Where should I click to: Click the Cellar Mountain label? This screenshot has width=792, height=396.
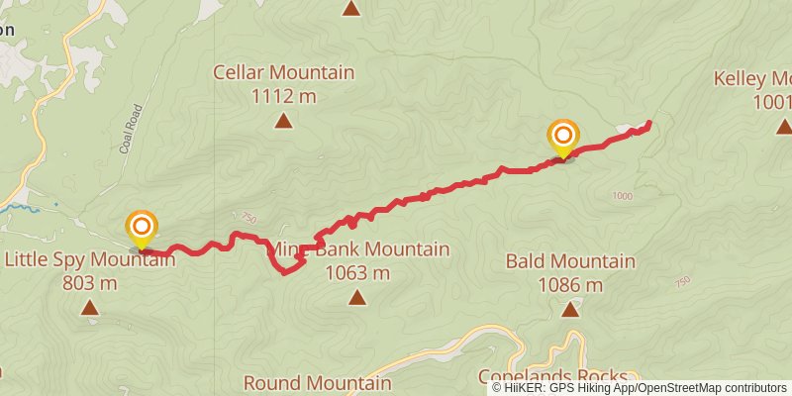[x=283, y=72]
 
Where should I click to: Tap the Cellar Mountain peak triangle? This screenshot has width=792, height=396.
[x=283, y=122]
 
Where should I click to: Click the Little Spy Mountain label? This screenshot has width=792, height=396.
[x=90, y=260]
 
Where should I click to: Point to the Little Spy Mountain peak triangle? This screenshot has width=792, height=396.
[x=90, y=309]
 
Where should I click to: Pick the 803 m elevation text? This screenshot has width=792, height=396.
[x=90, y=283]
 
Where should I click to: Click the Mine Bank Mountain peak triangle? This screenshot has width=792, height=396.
[x=356, y=296]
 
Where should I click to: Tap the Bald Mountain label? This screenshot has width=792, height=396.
[x=570, y=261]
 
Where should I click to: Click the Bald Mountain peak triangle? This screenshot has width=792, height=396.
[x=570, y=310]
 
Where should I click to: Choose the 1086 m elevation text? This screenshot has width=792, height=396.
[x=570, y=285]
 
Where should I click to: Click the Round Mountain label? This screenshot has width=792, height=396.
[x=317, y=382]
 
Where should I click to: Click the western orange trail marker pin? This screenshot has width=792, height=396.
[x=142, y=228]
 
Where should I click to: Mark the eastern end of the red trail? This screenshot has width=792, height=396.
[x=649, y=123]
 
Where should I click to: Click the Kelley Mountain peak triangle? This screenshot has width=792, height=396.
[x=783, y=127]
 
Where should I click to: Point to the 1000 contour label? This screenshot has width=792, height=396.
[x=621, y=196]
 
